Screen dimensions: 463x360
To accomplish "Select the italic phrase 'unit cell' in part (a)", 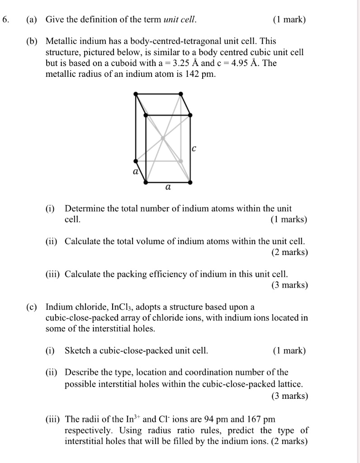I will point(180,20).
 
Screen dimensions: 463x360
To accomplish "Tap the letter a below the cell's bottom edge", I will point(168,187).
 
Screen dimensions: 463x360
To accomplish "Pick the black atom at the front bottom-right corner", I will point(190,182).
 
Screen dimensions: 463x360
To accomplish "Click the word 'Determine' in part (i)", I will point(82,209).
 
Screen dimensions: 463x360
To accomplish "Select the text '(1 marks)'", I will point(289,220).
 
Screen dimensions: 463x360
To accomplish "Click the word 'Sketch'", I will point(77,351).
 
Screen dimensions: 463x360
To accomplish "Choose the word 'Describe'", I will point(81,373).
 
